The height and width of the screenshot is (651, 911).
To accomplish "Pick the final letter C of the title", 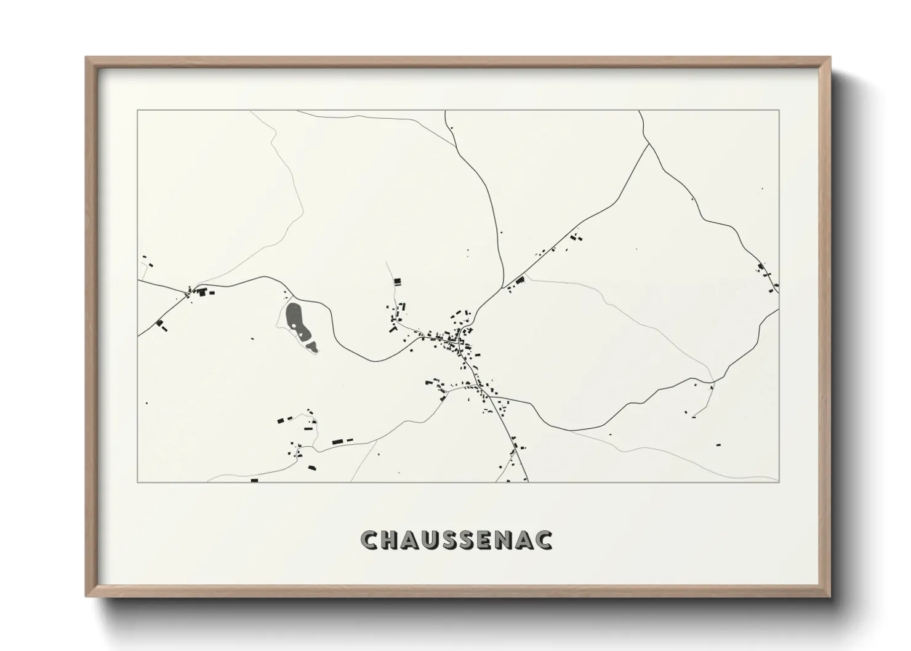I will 544,540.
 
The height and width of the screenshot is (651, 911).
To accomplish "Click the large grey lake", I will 295,318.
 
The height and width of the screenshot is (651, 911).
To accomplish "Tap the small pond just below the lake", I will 313,348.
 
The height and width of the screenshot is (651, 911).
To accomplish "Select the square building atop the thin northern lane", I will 397,282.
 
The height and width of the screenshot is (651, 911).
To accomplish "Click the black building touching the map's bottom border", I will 254,480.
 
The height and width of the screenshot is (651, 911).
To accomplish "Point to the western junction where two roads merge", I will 191,291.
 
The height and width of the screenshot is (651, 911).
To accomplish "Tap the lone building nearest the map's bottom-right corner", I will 717,443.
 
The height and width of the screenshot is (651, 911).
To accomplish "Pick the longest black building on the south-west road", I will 337,441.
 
